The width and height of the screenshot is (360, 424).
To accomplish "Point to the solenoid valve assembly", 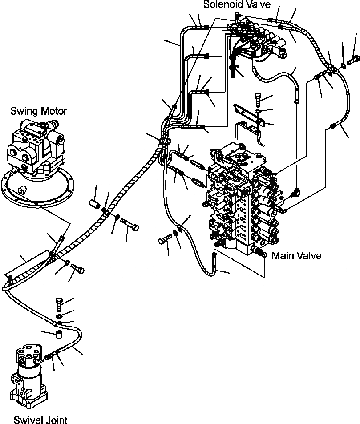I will pyautogui.click(x=256, y=40).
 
